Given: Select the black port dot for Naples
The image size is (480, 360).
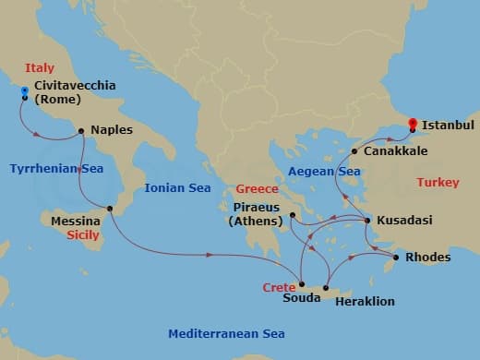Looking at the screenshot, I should [x=82, y=130].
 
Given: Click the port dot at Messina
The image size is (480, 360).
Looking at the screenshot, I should [x=109, y=209].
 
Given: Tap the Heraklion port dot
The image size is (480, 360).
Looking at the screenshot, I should [x=325, y=291].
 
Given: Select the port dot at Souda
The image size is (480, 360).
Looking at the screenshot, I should [x=303, y=284].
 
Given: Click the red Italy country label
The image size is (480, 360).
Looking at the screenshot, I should [x=40, y=68].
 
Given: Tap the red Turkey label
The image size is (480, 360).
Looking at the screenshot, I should [x=437, y=183].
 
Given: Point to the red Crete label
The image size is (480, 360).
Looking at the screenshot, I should [x=279, y=287].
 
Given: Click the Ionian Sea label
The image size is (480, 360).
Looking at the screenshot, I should [x=178, y=188].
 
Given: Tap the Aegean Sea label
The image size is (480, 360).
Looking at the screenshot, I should [x=322, y=172].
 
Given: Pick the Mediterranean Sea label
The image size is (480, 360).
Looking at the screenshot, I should [x=226, y=333].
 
